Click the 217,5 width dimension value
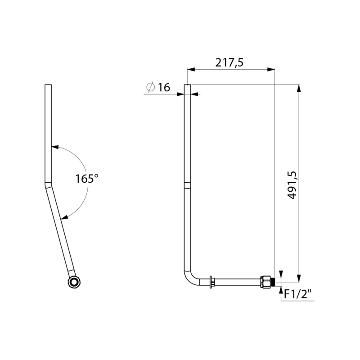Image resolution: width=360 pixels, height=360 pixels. pos(229,63)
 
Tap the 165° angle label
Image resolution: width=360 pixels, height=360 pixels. pos(86,178)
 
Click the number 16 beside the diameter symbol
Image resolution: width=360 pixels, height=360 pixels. pos(164,87)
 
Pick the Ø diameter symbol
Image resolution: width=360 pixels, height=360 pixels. pos(151,87)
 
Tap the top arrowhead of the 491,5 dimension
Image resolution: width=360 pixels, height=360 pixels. pos(298,88)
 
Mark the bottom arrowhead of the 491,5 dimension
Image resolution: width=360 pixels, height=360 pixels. pos(298,275)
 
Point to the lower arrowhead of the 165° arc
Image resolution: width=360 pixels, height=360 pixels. pos(65,218)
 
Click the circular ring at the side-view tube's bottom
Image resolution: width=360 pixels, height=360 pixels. pos(73,282)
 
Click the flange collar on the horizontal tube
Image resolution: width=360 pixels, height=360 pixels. pos(211,282)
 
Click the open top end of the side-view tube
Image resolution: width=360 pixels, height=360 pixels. pos(48,85)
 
